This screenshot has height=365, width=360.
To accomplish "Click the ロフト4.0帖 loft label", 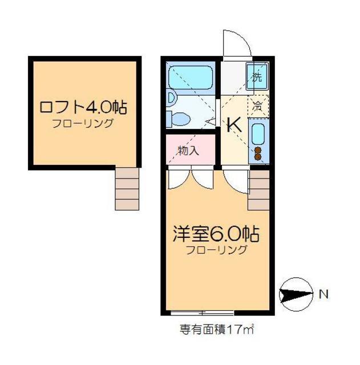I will [x=83, y=107].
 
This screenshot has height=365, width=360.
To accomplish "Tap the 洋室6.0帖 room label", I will [x=217, y=234].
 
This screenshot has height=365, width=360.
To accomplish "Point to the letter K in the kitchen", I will [x=234, y=125].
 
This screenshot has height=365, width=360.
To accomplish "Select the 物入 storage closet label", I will [x=188, y=151].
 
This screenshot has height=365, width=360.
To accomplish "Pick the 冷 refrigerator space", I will [x=257, y=106].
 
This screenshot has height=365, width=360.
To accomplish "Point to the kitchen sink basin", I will [x=257, y=133].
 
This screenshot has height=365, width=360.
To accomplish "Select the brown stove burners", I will [x=258, y=153].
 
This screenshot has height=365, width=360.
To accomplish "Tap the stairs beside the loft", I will [x=127, y=188].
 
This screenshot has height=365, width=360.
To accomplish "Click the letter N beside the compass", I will [x=323, y=295].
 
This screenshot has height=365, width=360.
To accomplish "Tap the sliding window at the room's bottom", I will [x=202, y=313].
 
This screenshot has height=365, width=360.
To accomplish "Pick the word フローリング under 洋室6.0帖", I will [x=217, y=250].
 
